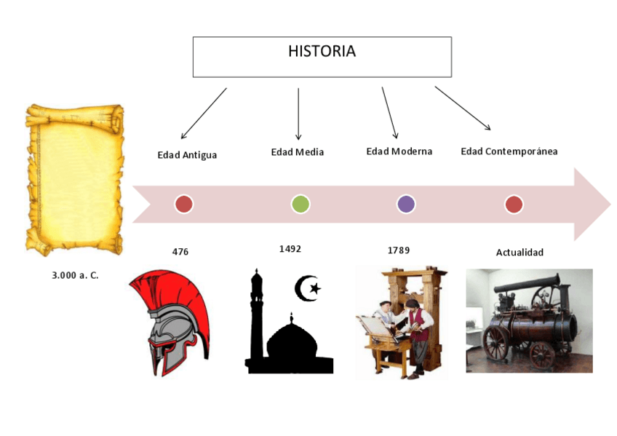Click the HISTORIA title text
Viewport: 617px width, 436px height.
tap(322, 52)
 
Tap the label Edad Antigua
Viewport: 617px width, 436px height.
tap(187, 155)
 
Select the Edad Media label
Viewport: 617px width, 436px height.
tap(297, 152)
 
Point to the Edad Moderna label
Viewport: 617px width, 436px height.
tap(399, 151)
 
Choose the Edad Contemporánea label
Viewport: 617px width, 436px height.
tap(509, 151)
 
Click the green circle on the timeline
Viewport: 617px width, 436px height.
tap(300, 205)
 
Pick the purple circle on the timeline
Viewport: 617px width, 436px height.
tap(406, 205)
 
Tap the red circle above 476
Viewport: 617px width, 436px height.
tap(184, 205)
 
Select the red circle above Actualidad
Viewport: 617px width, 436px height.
tap(514, 205)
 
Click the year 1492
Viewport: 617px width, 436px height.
tap(290, 249)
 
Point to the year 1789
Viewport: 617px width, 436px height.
tap(398, 250)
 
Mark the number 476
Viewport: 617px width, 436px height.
tap(180, 252)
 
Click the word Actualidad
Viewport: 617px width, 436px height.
tap(520, 253)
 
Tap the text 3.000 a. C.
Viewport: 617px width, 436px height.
tap(75, 277)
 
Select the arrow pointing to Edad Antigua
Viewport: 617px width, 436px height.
tap(204, 114)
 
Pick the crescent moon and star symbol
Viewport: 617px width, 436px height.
tap(307, 289)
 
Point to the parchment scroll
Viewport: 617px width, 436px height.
tap(74, 179)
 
